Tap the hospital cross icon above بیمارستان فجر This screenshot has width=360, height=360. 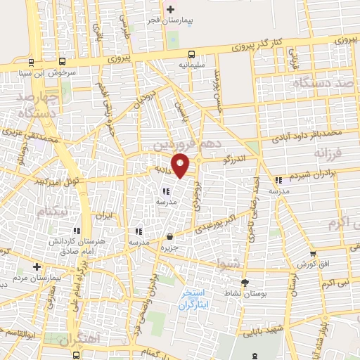[170, 9]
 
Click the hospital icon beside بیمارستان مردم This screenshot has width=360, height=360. [37, 266]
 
